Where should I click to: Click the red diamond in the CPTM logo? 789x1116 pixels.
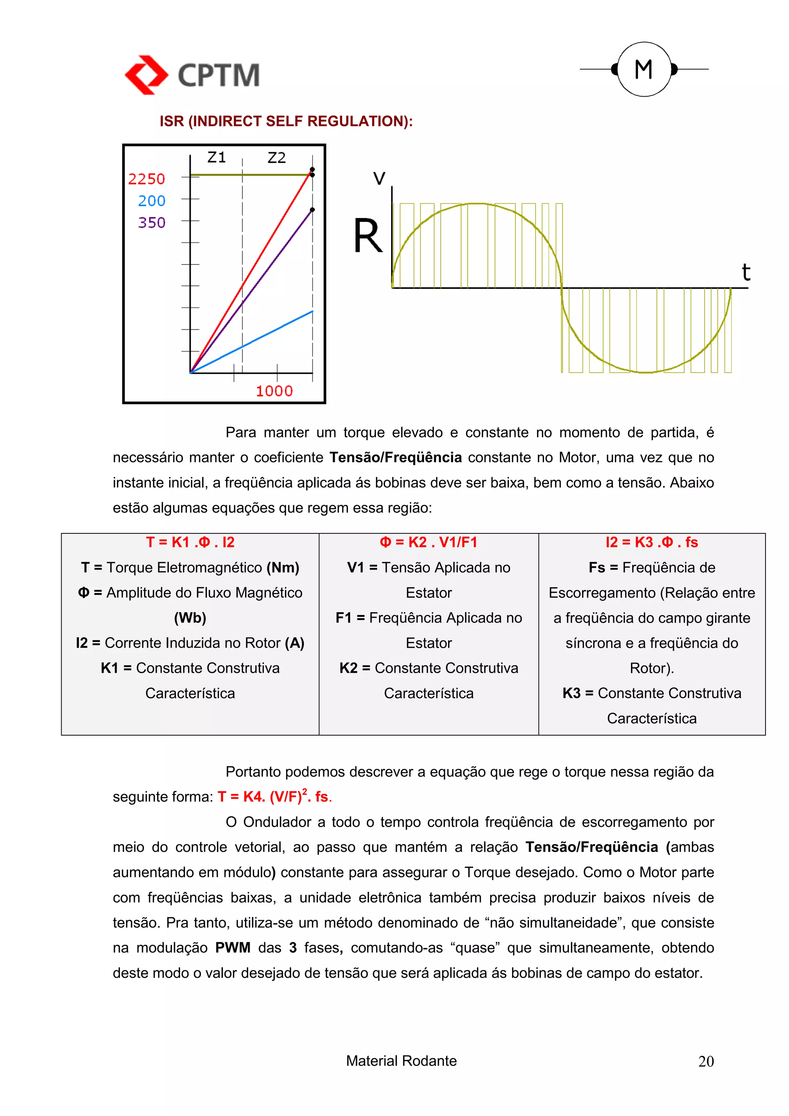tap(146, 75)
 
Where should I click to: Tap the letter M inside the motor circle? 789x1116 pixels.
tap(644, 69)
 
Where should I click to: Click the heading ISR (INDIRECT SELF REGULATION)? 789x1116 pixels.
tap(286, 121)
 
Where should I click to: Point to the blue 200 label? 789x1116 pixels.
tap(152, 201)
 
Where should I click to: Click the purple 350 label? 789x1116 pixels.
tap(152, 223)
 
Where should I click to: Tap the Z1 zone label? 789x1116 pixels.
tap(217, 158)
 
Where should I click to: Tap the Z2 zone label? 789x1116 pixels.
tap(277, 158)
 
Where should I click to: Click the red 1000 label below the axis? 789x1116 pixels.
tap(274, 391)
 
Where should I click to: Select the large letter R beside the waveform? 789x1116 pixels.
tap(368, 237)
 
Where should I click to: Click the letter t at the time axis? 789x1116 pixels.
tap(746, 272)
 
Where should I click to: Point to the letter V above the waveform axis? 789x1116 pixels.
tap(379, 178)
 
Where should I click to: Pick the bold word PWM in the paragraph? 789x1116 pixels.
tap(232, 948)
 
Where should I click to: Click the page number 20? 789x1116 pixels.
tap(706, 1061)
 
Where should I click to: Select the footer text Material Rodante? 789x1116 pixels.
tap(401, 1061)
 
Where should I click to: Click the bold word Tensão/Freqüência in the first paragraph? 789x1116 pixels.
tap(395, 457)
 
